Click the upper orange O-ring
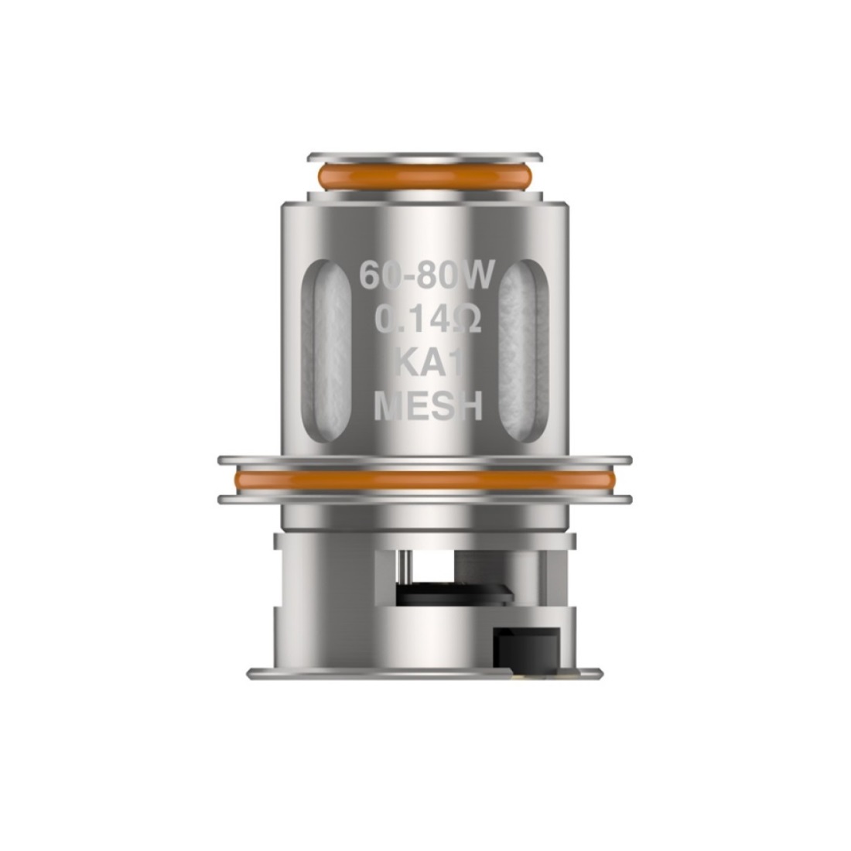pos(425,176)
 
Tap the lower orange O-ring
pos(425,480)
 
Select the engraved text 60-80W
pos(426,275)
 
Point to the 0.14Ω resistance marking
pos(429,319)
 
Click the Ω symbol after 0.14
pos(466,320)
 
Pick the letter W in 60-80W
pos(477,275)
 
